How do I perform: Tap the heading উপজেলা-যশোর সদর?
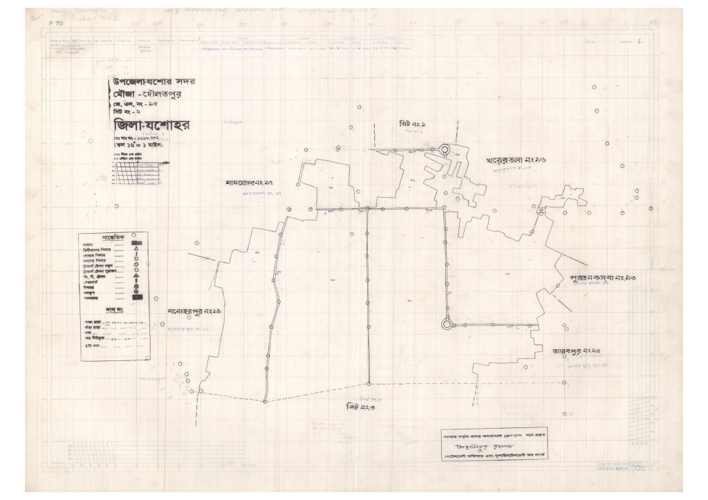point(153,84)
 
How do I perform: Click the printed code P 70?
point(56,24)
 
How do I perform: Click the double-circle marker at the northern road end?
point(444,149)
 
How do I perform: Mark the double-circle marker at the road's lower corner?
point(447,323)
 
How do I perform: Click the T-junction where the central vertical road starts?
point(367,208)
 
